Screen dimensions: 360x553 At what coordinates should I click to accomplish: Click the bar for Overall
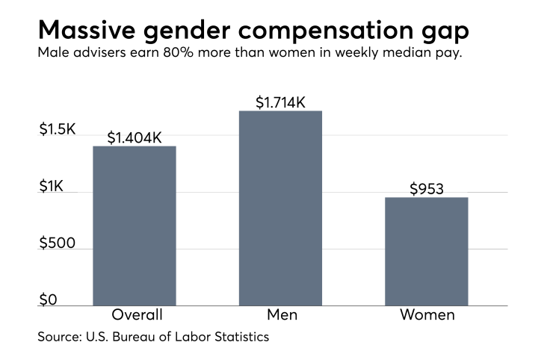[x=135, y=226]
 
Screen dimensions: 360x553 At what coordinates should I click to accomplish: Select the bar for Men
[x=280, y=208]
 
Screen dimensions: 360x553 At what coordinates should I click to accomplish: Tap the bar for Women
[x=427, y=251]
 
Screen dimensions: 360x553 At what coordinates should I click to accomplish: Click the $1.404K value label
[x=135, y=137]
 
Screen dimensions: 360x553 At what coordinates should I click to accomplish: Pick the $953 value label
[x=427, y=189]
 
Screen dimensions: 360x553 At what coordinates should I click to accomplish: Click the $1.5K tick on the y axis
[x=58, y=129]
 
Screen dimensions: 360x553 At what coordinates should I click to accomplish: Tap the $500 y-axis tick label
[x=58, y=243]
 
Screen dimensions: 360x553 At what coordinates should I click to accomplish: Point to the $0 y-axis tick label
[x=49, y=300]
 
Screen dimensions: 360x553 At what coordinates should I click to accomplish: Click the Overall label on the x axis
[x=137, y=314]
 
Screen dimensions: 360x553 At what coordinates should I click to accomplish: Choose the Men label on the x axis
[x=280, y=314]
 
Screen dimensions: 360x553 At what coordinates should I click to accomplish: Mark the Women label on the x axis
[x=427, y=314]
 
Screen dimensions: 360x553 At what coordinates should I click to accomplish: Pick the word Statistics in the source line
[x=237, y=337]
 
